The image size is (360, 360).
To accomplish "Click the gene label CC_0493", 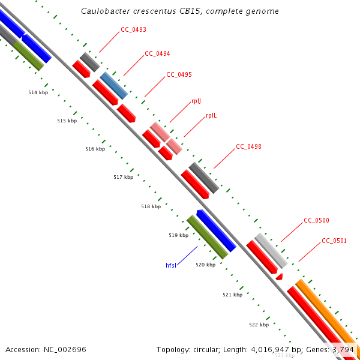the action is coord(133,29).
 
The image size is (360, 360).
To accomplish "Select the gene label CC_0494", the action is coord(157,53).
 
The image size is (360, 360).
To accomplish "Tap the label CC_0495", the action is coord(179,74).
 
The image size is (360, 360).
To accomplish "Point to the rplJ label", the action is coord(196,101).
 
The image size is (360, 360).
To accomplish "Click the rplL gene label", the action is coord(211,115).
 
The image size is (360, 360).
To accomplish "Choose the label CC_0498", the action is coord(248,146).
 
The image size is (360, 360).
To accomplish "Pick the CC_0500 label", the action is coord(316,220).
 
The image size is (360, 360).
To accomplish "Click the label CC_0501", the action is coord(334,241).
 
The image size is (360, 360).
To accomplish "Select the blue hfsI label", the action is coord(172,265).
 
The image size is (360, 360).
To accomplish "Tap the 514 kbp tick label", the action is coord(38,92).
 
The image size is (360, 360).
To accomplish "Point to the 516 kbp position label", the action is coord(95,149).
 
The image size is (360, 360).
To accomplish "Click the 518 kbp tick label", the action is coord(151,206).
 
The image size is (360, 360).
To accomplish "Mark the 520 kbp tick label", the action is coord(205,265).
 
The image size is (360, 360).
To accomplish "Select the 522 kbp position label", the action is coord(259,324).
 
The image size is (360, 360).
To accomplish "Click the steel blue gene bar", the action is coord(113,85).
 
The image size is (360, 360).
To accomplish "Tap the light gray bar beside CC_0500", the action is coord(271,251).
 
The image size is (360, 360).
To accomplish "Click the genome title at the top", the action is coord(179,11).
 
